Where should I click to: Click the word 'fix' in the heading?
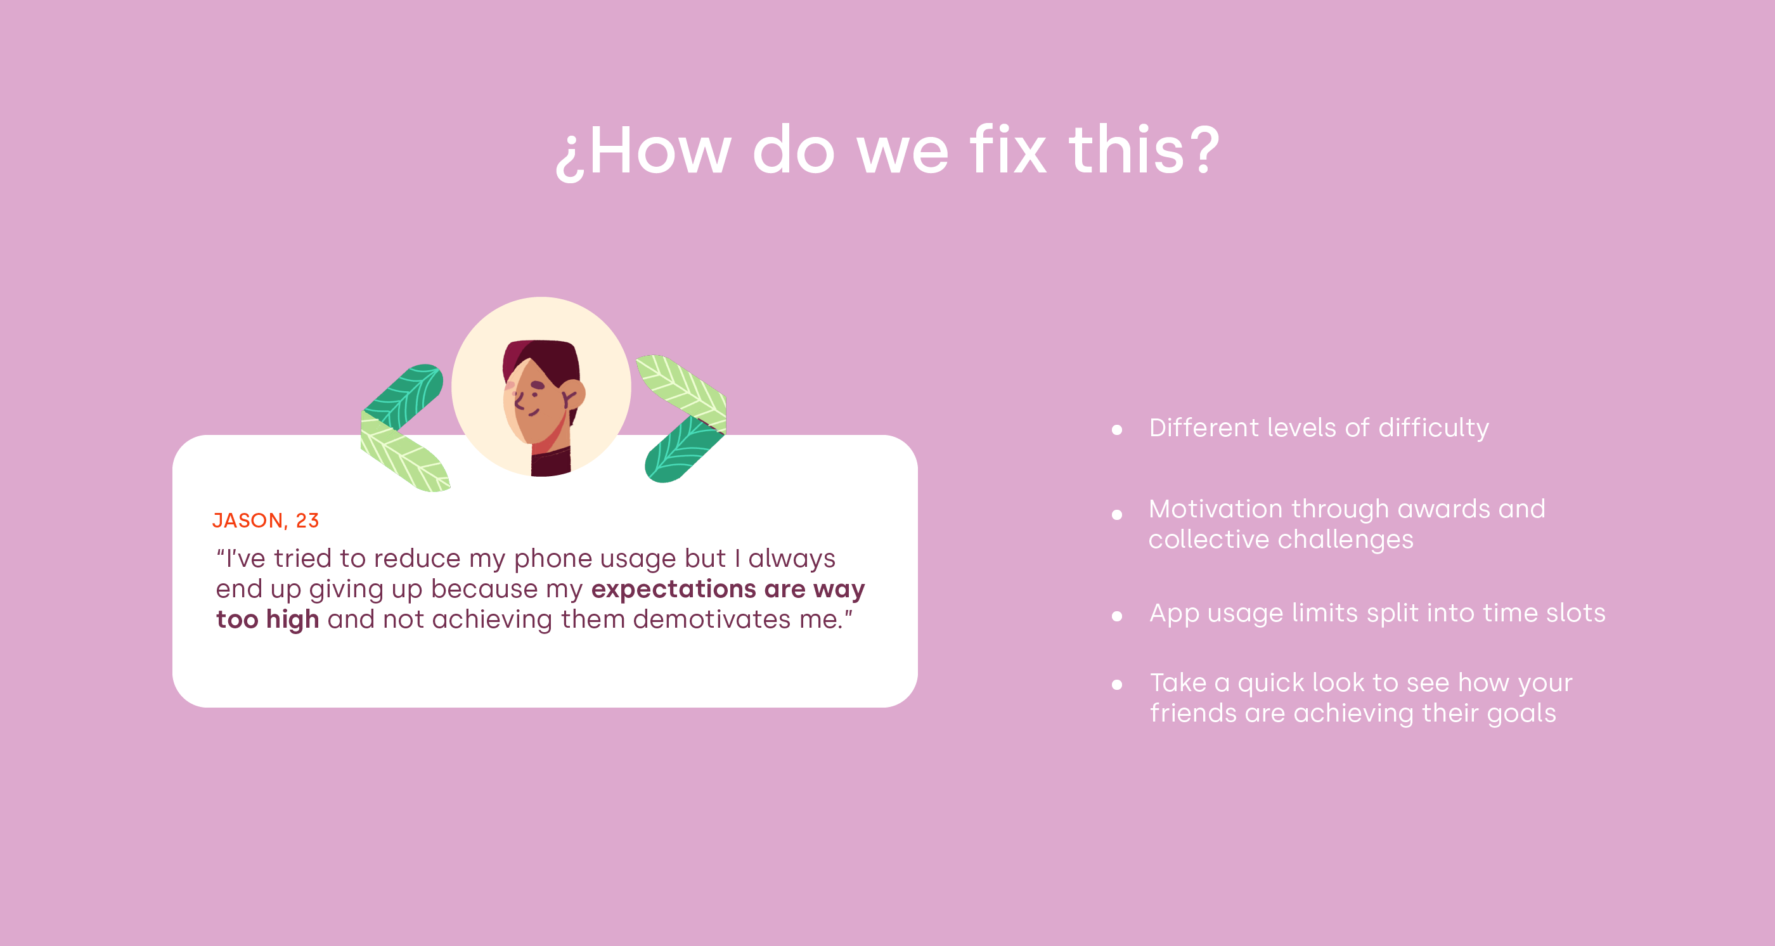(x=1008, y=150)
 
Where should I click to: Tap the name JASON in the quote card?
(x=247, y=520)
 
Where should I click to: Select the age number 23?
(x=307, y=520)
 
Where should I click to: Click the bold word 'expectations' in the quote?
(x=674, y=589)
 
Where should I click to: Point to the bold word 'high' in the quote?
(x=292, y=620)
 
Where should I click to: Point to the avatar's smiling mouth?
(x=534, y=413)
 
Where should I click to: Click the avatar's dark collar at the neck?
(x=550, y=462)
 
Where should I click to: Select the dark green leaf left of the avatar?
(x=404, y=398)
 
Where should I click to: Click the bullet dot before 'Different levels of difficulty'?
(x=1117, y=431)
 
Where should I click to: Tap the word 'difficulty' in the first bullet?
(x=1433, y=429)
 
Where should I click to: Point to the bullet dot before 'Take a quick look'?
(x=1117, y=685)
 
